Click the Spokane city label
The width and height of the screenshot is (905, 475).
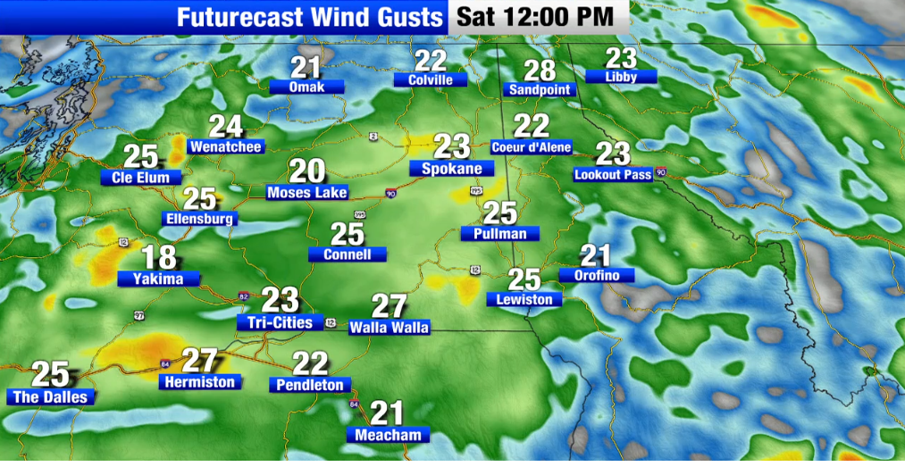451,169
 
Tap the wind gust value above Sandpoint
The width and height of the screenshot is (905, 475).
540,71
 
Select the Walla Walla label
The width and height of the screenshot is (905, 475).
389,328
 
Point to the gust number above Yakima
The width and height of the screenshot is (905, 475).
160,258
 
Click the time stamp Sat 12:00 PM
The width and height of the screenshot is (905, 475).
536,15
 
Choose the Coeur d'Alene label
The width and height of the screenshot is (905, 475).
532,147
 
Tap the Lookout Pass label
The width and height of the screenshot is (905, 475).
613,175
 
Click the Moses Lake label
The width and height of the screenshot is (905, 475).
306,192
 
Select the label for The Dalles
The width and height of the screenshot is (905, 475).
50,396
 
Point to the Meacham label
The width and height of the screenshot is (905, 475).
388,435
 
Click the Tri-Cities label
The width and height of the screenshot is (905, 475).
281,322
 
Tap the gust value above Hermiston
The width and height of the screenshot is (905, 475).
200,361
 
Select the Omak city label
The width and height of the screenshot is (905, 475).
306,87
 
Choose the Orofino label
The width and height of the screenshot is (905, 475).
596,276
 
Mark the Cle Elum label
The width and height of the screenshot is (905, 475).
140,178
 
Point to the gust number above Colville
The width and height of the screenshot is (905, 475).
431,60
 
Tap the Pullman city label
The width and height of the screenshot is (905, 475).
500,234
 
